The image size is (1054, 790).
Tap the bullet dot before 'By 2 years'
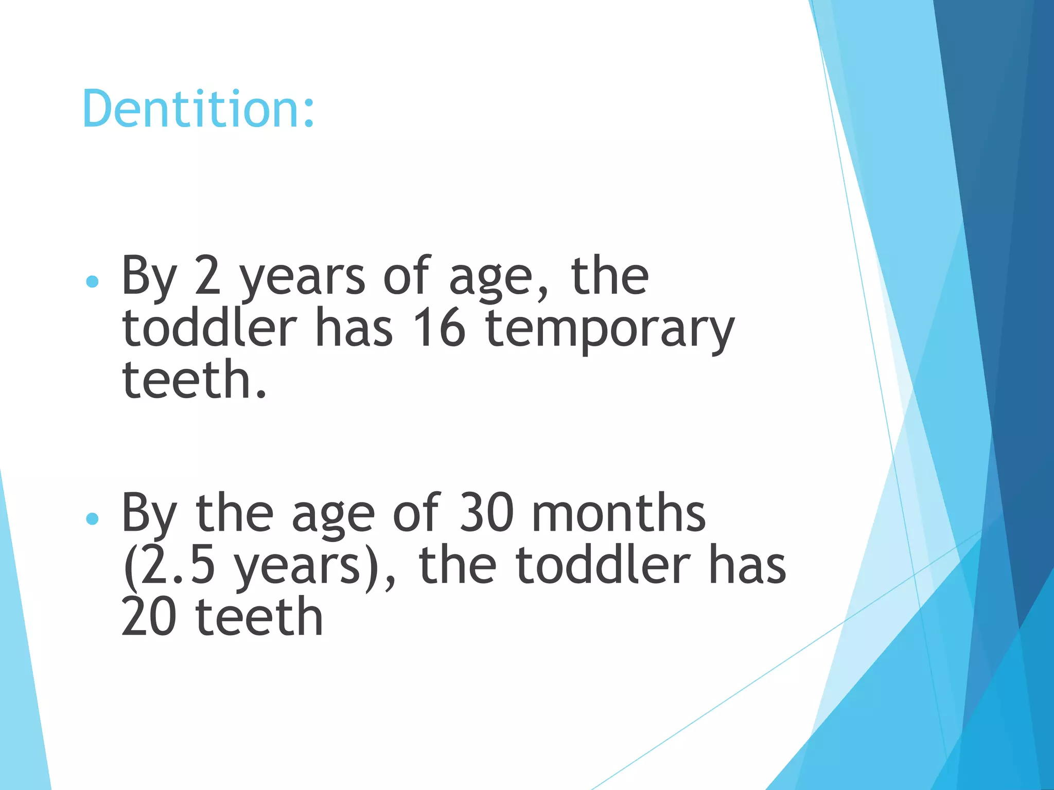click(93, 281)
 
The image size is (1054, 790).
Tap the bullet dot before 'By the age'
click(93, 518)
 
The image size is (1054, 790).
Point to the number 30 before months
click(486, 513)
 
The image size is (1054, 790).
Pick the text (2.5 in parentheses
click(169, 566)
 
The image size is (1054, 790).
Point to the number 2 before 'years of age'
click(208, 277)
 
